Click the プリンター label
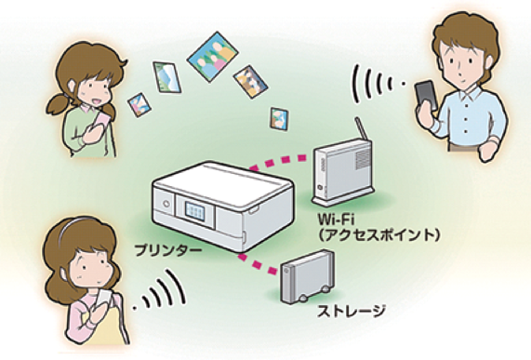(x=168, y=251)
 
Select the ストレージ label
(x=352, y=312)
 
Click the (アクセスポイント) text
(x=379, y=235)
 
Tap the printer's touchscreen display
(x=195, y=211)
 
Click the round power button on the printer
(x=166, y=204)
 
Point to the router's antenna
(x=361, y=128)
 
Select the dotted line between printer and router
(x=278, y=162)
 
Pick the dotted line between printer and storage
(x=258, y=263)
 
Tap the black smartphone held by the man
(x=426, y=95)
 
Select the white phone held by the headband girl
(x=106, y=299)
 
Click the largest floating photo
(x=213, y=57)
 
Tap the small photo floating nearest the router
(x=279, y=119)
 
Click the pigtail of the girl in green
(x=59, y=104)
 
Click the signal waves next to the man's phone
(x=377, y=83)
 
